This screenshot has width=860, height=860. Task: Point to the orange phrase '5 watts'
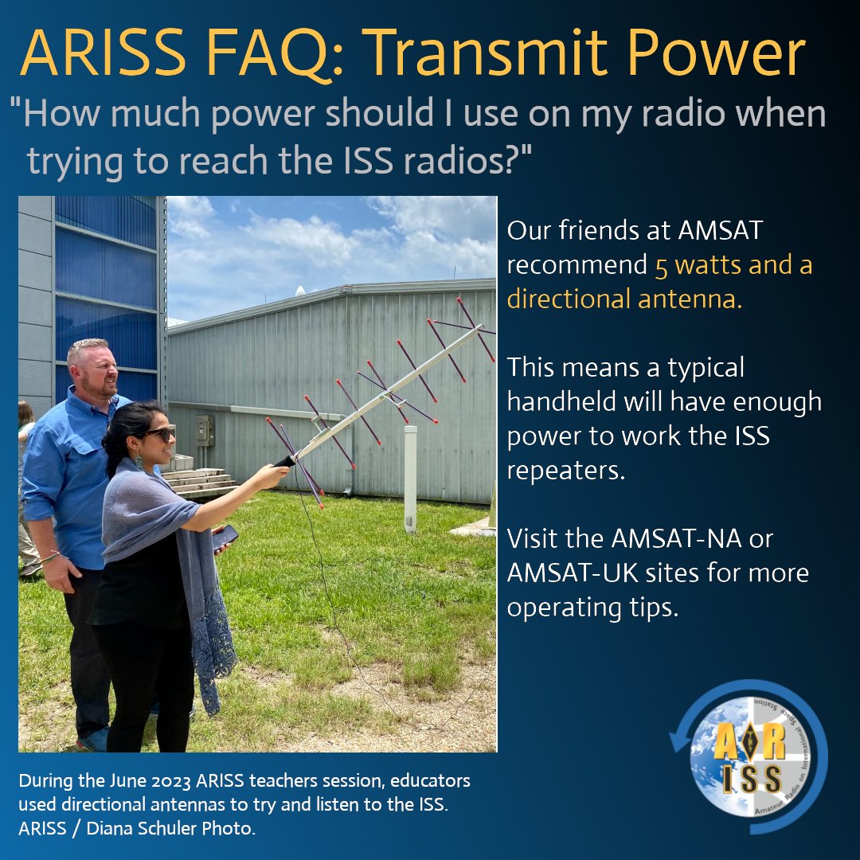coord(694,265)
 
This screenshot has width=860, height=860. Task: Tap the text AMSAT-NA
coord(672,538)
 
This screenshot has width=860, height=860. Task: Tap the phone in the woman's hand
coord(225,536)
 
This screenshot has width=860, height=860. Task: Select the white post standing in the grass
coord(410,478)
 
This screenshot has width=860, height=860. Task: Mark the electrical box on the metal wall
coord(205,430)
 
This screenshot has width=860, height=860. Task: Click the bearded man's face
coord(100,369)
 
